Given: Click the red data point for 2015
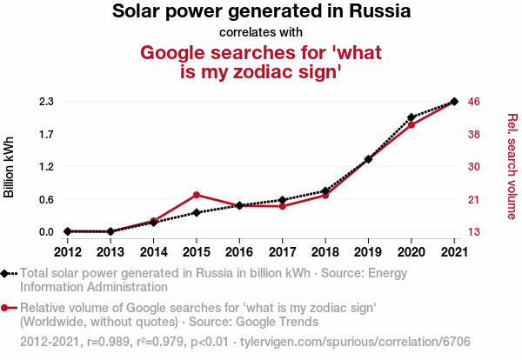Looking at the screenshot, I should (197, 195).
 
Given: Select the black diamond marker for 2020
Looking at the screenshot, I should (411, 117).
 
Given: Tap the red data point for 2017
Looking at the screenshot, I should (282, 206).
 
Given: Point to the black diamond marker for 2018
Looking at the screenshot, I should (325, 190).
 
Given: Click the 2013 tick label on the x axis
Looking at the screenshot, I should (110, 251).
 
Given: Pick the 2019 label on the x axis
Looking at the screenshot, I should (368, 251).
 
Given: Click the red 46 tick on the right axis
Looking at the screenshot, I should (475, 102).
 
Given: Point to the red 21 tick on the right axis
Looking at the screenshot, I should (475, 199).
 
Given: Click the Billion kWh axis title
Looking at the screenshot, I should (10, 167).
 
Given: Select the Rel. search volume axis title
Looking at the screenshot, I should (512, 167).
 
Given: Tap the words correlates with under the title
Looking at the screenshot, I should (261, 32).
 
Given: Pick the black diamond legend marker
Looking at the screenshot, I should (5, 273).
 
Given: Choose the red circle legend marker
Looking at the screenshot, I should (5, 308).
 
